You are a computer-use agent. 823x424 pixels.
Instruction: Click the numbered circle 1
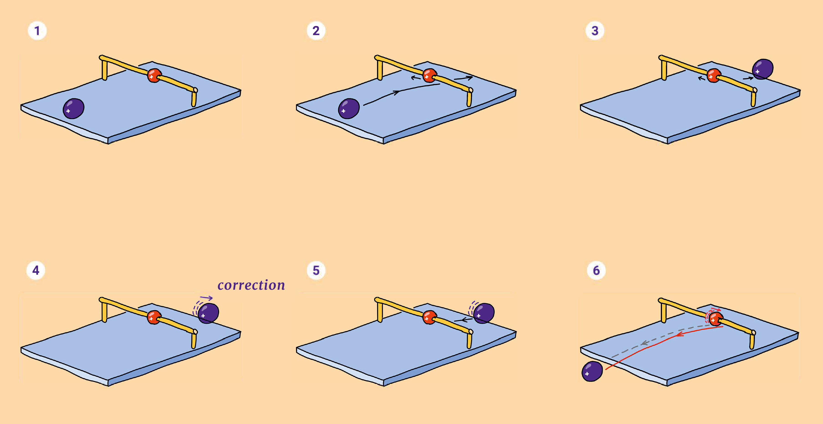tap(37, 31)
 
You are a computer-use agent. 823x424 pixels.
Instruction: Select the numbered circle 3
tap(595, 31)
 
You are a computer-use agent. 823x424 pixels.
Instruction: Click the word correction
tap(251, 285)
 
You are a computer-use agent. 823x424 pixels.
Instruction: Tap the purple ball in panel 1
tap(74, 109)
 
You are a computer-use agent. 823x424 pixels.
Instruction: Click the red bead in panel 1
tap(154, 76)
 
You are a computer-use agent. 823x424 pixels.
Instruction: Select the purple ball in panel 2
tap(349, 109)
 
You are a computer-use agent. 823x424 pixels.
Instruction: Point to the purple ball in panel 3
tap(763, 69)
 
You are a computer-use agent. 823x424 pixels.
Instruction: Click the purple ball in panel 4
tap(208, 313)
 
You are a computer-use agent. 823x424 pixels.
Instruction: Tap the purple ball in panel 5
tap(484, 313)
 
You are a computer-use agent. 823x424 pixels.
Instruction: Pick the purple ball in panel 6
tap(592, 371)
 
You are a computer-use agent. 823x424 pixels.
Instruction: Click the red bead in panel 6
tap(716, 319)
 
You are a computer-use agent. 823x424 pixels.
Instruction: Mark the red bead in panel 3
tap(713, 76)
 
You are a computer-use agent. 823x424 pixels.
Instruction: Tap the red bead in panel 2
tap(429, 76)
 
